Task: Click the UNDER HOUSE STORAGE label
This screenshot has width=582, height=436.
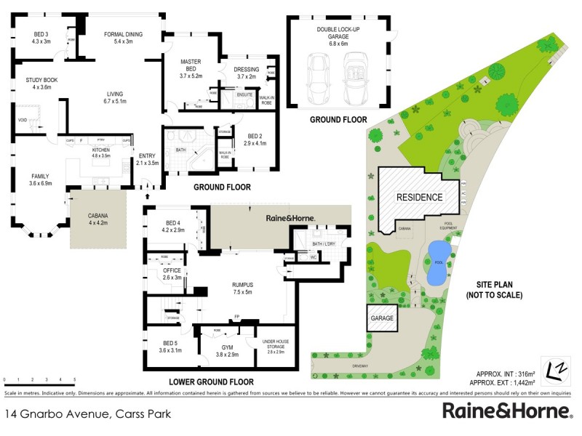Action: click(276, 346)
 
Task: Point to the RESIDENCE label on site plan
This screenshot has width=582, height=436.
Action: click(418, 197)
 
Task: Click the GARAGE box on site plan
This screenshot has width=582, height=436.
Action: click(382, 318)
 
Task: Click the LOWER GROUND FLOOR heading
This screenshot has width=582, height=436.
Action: click(211, 381)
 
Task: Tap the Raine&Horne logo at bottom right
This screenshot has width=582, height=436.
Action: click(506, 411)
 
